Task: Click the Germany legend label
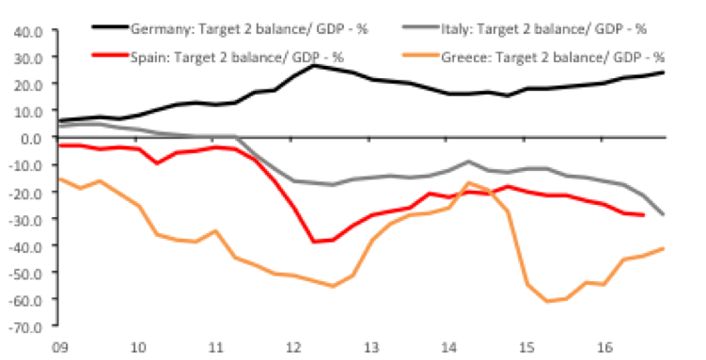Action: pyautogui.click(x=249, y=30)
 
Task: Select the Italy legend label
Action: pyautogui.click(x=544, y=30)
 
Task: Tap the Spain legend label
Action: pyautogui.click(x=237, y=57)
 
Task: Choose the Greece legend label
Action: pyautogui.click(x=553, y=57)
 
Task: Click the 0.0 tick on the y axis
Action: pyautogui.click(x=33, y=137)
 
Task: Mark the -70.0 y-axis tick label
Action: pyautogui.click(x=26, y=326)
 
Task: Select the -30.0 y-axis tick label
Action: pyautogui.click(x=26, y=219)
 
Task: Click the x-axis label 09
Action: pyautogui.click(x=61, y=348)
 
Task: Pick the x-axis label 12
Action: pyautogui.click(x=293, y=348)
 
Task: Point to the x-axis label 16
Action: pyautogui.click(x=604, y=348)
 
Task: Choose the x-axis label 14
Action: pyautogui.click(x=449, y=348)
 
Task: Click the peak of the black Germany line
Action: pyautogui.click(x=314, y=66)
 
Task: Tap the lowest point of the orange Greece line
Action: pyautogui.click(x=547, y=301)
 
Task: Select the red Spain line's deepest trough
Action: pyautogui.click(x=313, y=242)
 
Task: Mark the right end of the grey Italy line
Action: pyautogui.click(x=664, y=214)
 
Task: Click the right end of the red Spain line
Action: pyautogui.click(x=644, y=215)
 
